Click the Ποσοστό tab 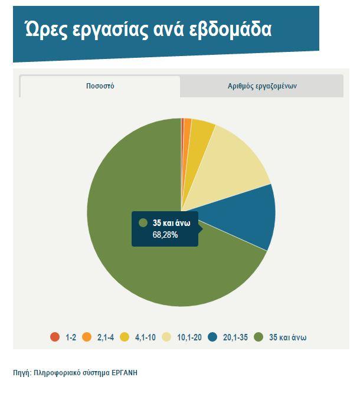100,86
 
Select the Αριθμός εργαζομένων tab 262,86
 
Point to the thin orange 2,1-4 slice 187,127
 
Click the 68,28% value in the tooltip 165,235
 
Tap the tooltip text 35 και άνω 172,223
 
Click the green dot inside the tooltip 143,222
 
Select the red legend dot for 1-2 55,337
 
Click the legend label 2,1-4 106,337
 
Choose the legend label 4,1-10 145,337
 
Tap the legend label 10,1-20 189,337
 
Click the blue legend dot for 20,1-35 212,337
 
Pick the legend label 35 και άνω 287,337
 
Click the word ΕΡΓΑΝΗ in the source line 125,373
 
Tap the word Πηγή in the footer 22,373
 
